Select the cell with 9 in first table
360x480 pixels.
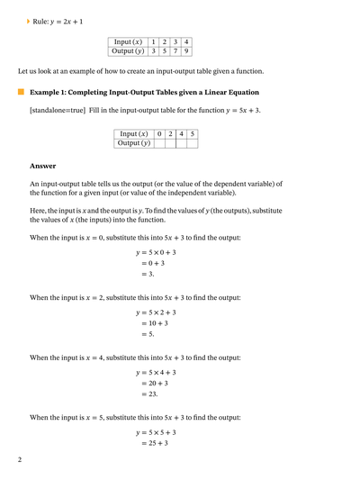point(185,51)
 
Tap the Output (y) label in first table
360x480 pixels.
point(127,51)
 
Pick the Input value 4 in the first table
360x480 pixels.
point(185,42)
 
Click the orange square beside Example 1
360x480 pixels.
point(21,92)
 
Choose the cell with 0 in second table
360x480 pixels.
point(159,133)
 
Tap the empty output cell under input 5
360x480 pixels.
point(193,142)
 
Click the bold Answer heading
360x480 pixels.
point(42,166)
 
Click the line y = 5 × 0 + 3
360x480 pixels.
point(157,252)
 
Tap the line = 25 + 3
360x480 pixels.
point(154,443)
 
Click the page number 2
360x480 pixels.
point(19,460)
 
